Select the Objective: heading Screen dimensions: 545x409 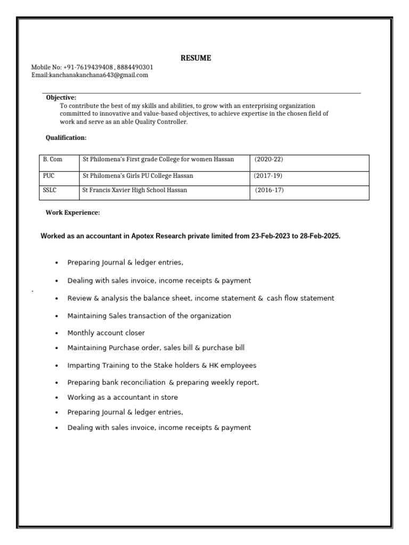(x=61, y=97)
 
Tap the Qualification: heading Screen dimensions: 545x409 (x=66, y=138)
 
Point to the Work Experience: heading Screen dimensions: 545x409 (x=72, y=213)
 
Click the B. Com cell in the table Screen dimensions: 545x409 (x=52, y=160)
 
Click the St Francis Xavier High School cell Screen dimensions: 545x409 (x=135, y=190)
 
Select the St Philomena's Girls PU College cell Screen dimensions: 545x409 (x=138, y=176)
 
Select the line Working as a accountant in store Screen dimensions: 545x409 (x=122, y=397)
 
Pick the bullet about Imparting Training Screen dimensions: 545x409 (x=161, y=366)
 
